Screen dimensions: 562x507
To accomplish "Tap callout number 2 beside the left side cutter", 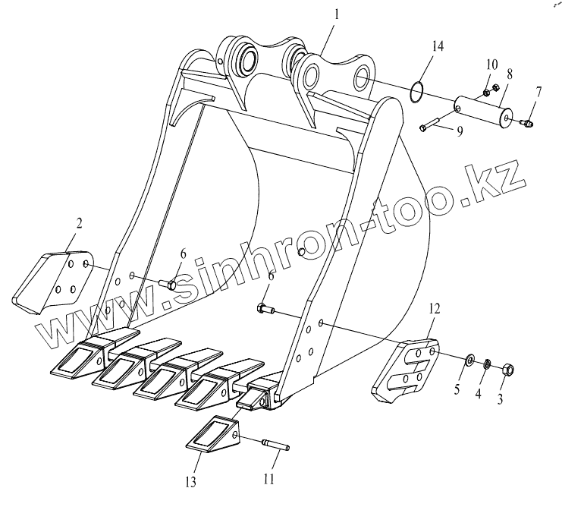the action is click(79, 223).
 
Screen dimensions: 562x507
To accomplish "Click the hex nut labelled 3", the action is click(509, 370).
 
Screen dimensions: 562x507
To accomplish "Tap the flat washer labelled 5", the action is click(470, 358).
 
